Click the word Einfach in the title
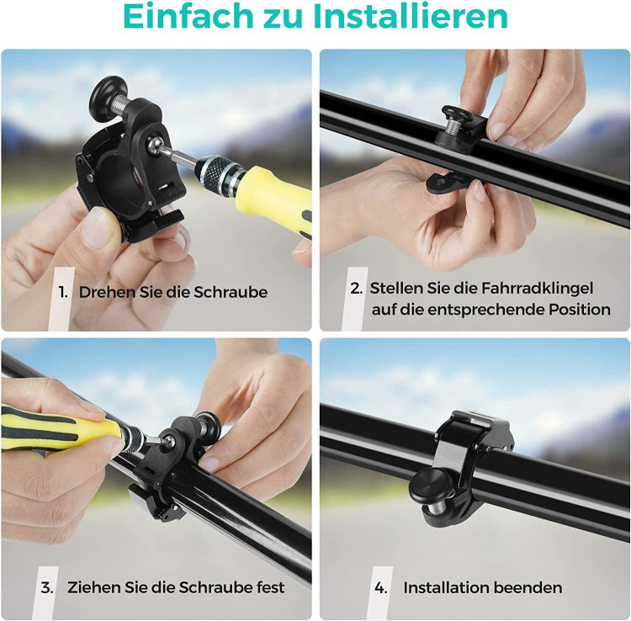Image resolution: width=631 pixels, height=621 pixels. coord(188,16)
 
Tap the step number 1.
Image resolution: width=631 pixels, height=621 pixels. coord(63,292)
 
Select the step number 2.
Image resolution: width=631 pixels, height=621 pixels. coord(356,288)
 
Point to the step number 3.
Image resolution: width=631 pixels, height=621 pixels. coord(46,587)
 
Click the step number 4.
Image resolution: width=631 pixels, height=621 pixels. coord(380,588)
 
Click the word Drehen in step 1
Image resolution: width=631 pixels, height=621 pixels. coord(107,292)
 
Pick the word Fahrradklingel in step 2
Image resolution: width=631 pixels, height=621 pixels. coord(538,288)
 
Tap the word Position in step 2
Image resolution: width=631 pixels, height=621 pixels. coord(580,310)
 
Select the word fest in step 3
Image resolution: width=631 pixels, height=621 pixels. coord(270,587)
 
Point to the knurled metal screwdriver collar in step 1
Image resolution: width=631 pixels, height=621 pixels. coord(219,172)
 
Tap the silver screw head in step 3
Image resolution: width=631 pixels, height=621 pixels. coord(167,441)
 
